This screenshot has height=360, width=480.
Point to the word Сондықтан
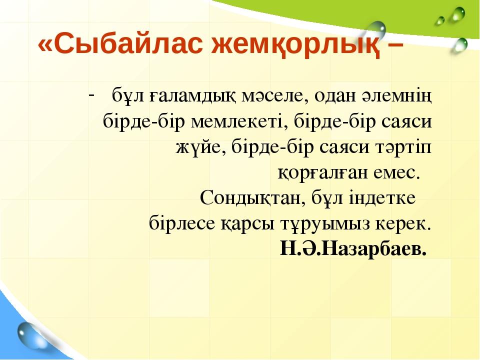[x=253, y=198]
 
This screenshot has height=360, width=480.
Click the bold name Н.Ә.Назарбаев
[x=353, y=248]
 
